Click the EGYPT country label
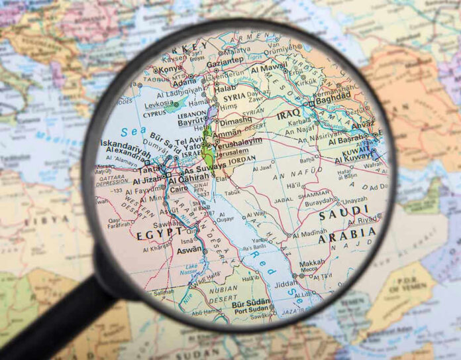160,234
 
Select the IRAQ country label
289,114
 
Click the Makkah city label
313,263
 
